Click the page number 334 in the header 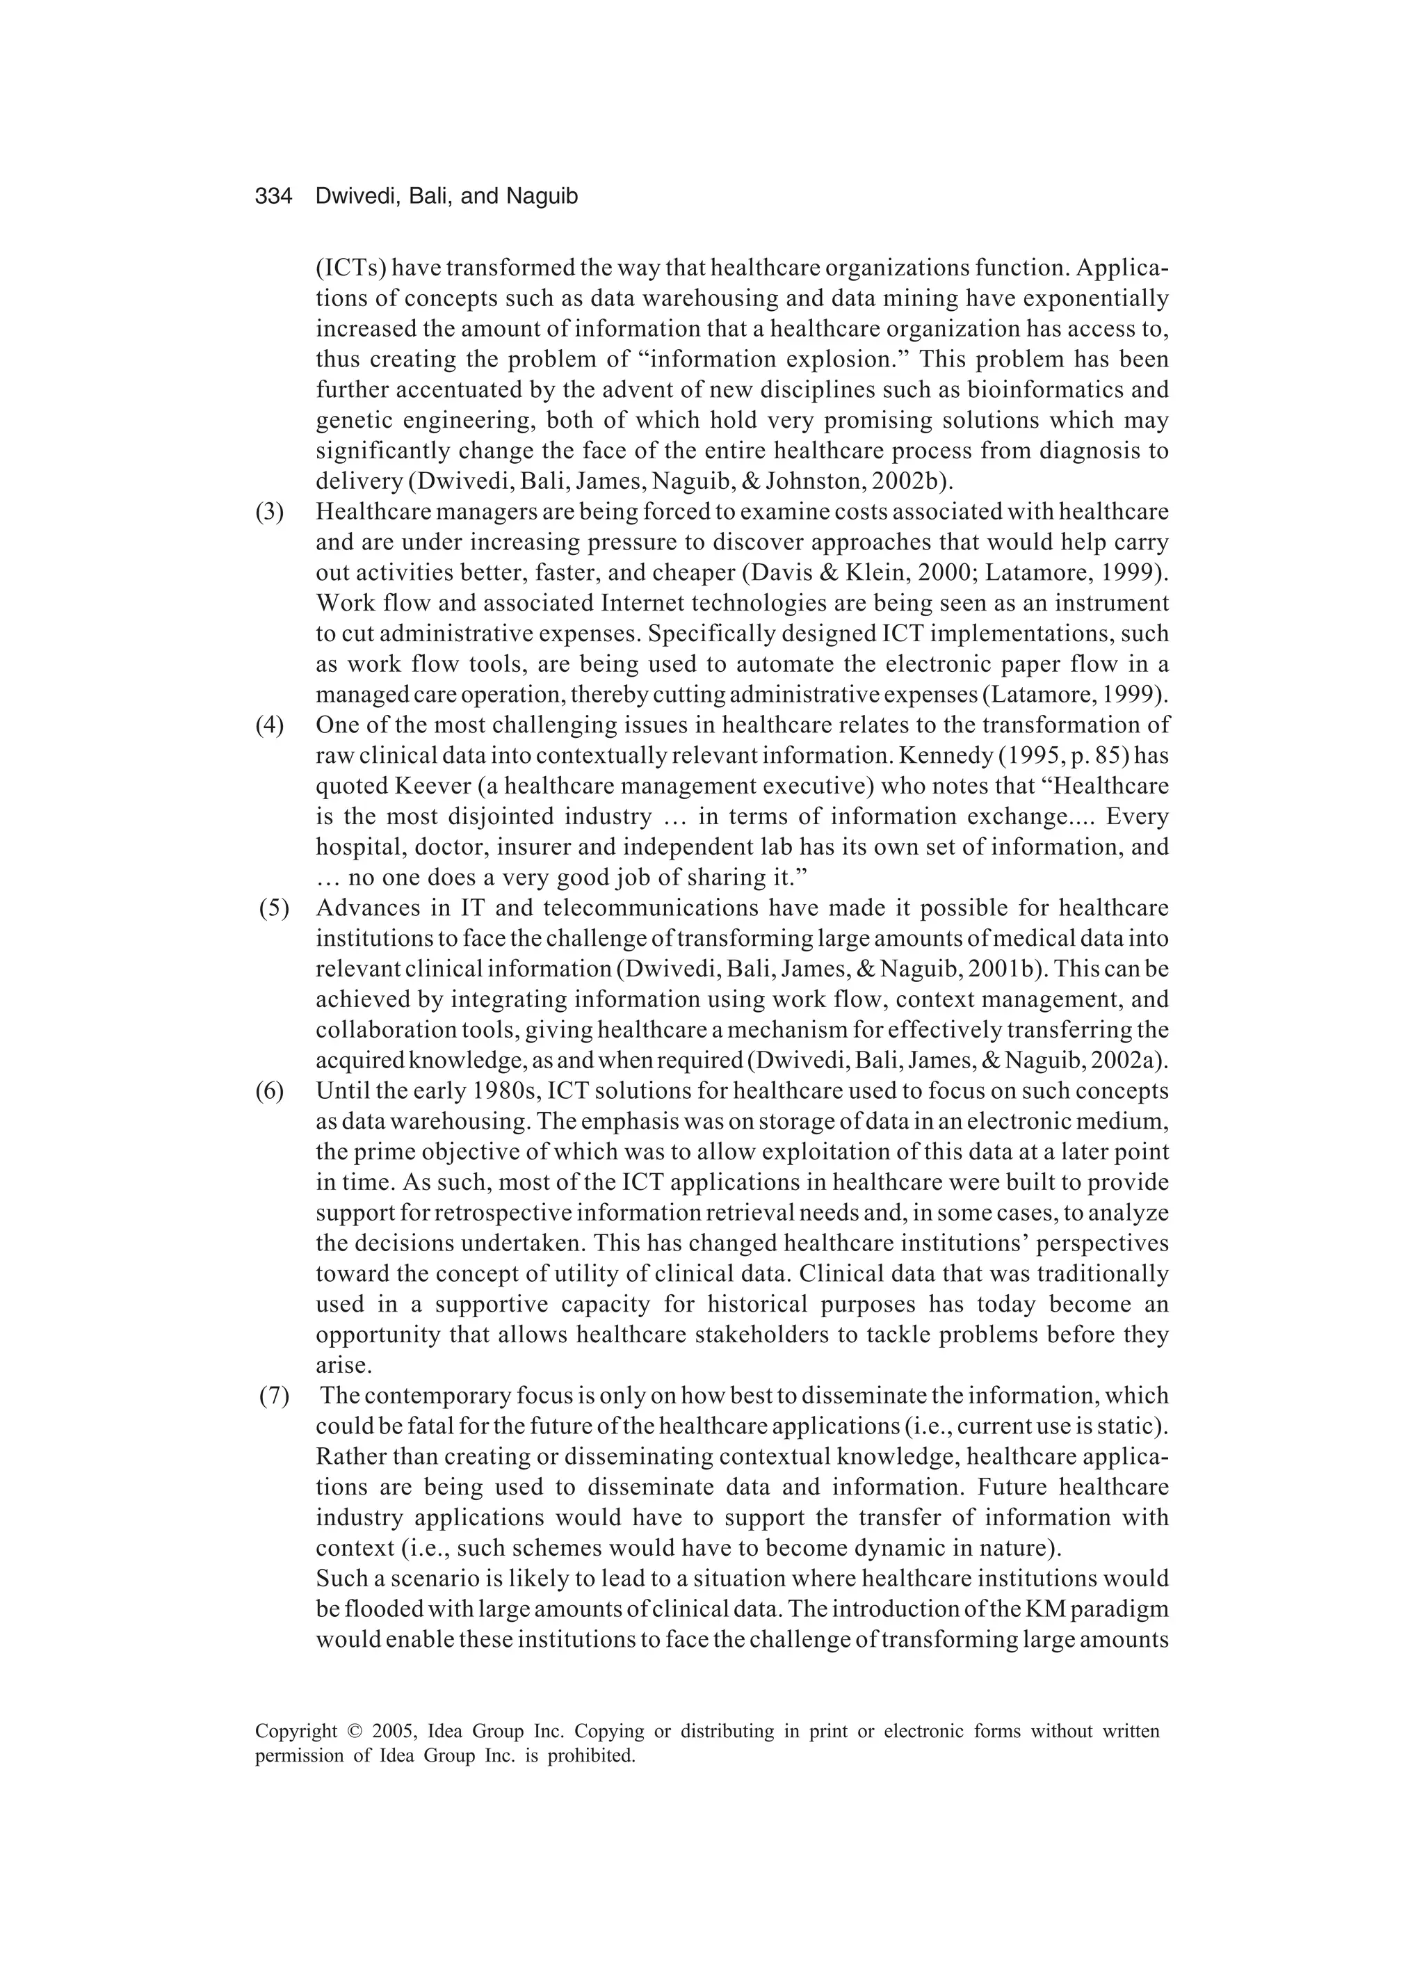click(x=273, y=198)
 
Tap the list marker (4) click(x=269, y=725)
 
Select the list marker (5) click(x=274, y=908)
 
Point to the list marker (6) click(x=269, y=1091)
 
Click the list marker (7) click(x=274, y=1395)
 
